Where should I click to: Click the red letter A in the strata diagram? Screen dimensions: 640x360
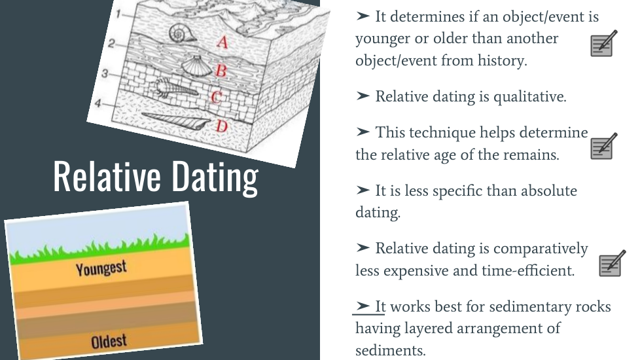pyautogui.click(x=222, y=42)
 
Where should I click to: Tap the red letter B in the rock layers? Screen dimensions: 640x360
pyautogui.click(x=221, y=70)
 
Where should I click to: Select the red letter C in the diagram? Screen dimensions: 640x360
pyautogui.click(x=217, y=97)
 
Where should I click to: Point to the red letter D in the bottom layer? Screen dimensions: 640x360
pyautogui.click(x=221, y=126)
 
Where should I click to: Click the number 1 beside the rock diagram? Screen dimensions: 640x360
pyautogui.click(x=118, y=14)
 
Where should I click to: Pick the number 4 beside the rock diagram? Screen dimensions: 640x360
pyautogui.click(x=98, y=103)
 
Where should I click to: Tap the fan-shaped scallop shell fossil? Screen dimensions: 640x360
pyautogui.click(x=196, y=66)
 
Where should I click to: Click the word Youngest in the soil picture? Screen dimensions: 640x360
pyautogui.click(x=101, y=268)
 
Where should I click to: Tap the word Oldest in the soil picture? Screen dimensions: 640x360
pyautogui.click(x=109, y=341)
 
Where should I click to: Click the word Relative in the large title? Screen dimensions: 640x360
pyautogui.click(x=107, y=176)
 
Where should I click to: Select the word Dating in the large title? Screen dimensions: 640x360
pyautogui.click(x=215, y=178)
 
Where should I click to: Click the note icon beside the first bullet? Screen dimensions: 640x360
pyautogui.click(x=603, y=43)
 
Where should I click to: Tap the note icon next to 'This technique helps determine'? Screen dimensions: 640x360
pyautogui.click(x=603, y=146)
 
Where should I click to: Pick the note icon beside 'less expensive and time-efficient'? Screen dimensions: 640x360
pyautogui.click(x=613, y=263)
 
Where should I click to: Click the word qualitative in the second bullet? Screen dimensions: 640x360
pyautogui.click(x=530, y=97)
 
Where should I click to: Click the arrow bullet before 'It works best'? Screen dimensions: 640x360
pyautogui.click(x=363, y=306)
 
